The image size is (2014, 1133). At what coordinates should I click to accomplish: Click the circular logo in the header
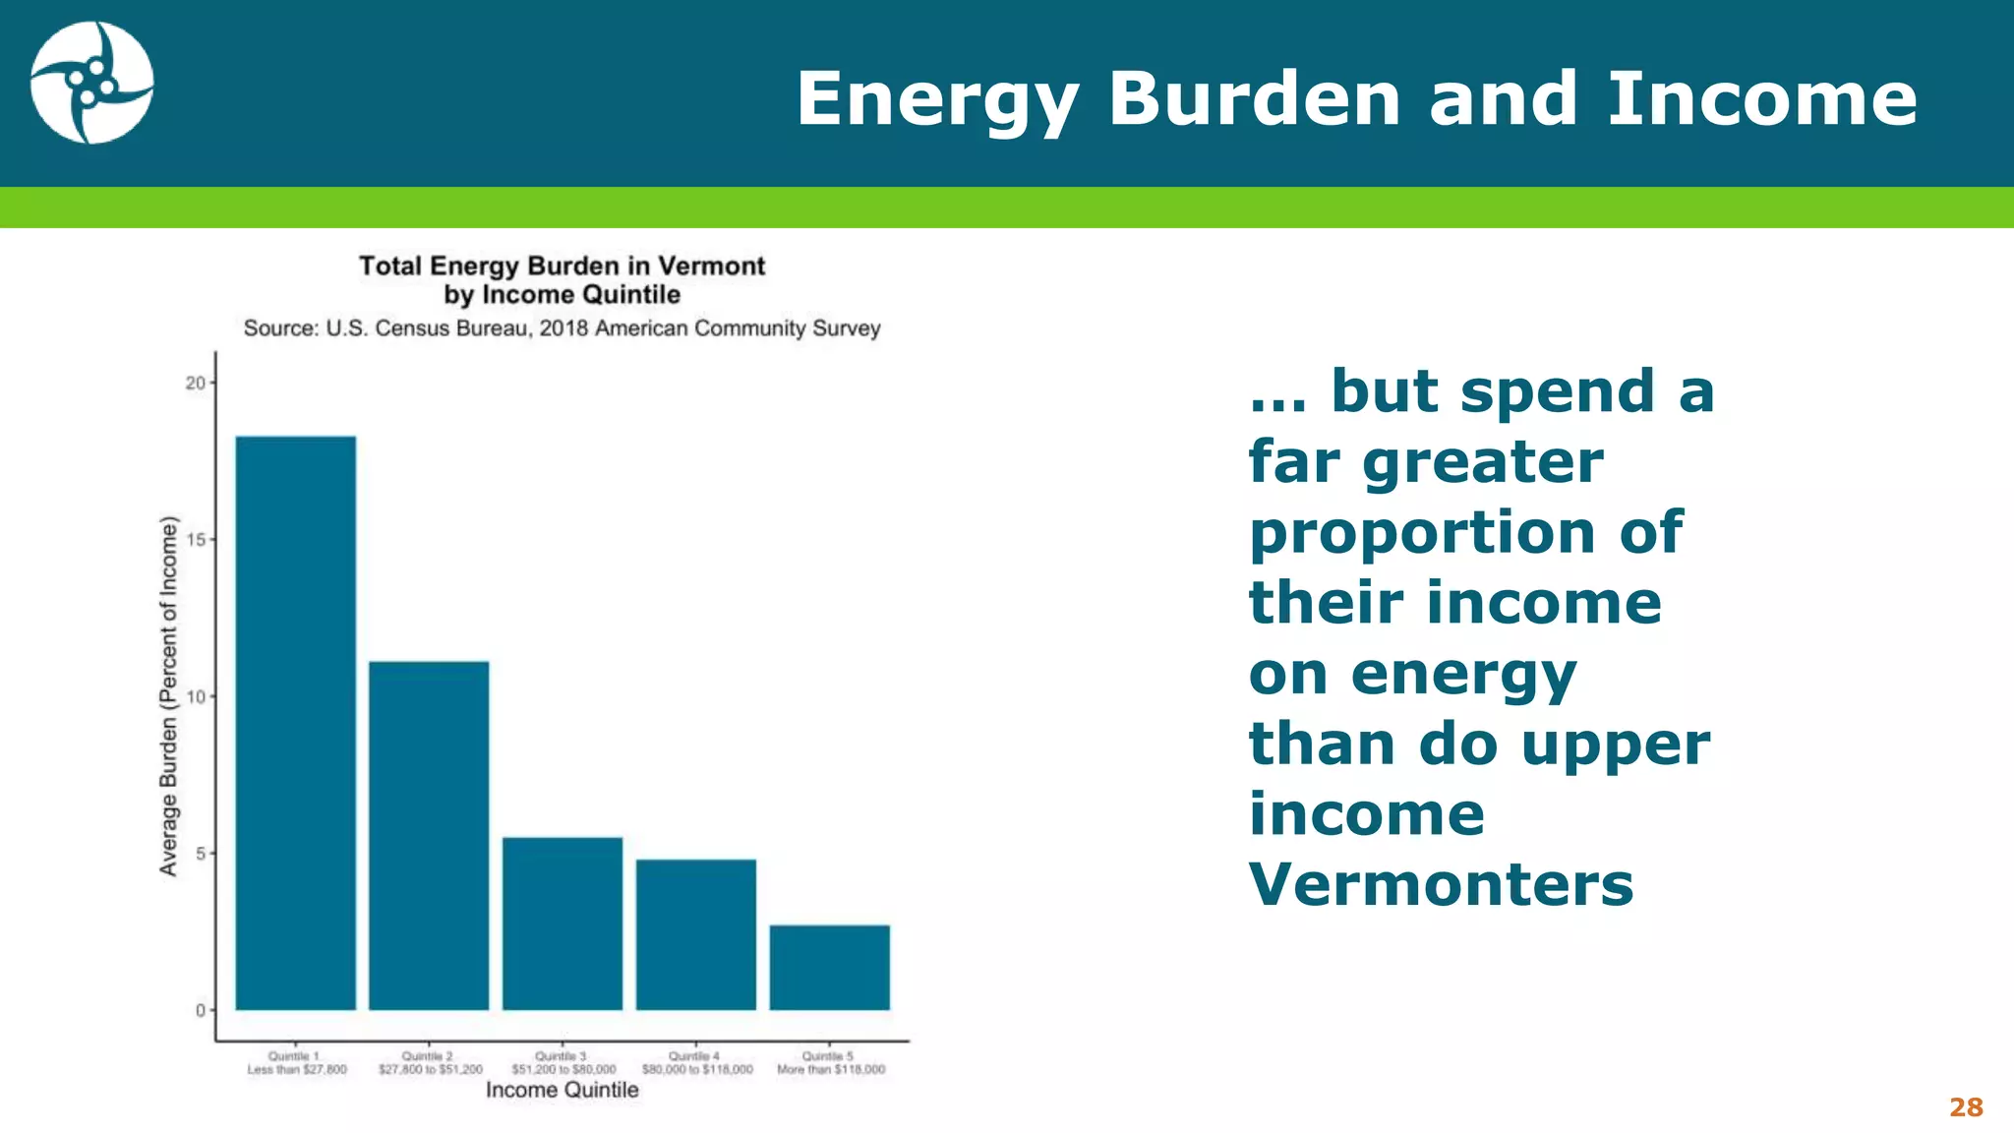click(91, 84)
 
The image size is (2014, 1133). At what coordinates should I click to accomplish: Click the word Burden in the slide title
click(1254, 99)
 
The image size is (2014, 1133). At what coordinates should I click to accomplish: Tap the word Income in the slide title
click(1761, 99)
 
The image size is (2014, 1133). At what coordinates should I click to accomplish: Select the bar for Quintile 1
click(295, 723)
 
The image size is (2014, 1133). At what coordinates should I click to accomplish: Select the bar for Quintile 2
click(429, 836)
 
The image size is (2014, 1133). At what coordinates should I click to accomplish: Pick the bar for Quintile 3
click(563, 924)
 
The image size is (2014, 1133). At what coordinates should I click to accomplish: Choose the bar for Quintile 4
click(696, 934)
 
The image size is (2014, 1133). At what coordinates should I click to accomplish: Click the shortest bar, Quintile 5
click(830, 968)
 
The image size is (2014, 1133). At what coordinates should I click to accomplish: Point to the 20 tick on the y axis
click(197, 383)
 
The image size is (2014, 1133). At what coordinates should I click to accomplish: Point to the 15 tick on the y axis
click(197, 540)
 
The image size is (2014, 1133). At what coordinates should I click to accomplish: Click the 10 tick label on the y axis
click(197, 696)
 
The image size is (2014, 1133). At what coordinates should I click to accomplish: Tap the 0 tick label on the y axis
click(201, 1010)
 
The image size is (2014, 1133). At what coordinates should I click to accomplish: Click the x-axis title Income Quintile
click(562, 1090)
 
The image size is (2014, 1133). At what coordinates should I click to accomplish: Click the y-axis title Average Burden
click(169, 695)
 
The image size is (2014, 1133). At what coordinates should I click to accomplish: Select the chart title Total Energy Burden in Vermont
click(562, 267)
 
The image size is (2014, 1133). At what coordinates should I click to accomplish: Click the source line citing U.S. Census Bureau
click(562, 328)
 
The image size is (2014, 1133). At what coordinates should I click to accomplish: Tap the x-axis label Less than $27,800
click(297, 1070)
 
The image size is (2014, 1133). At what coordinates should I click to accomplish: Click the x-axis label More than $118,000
click(831, 1070)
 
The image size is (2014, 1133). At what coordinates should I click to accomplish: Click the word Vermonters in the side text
click(1441, 884)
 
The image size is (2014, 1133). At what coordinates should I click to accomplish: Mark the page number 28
click(1965, 1107)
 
